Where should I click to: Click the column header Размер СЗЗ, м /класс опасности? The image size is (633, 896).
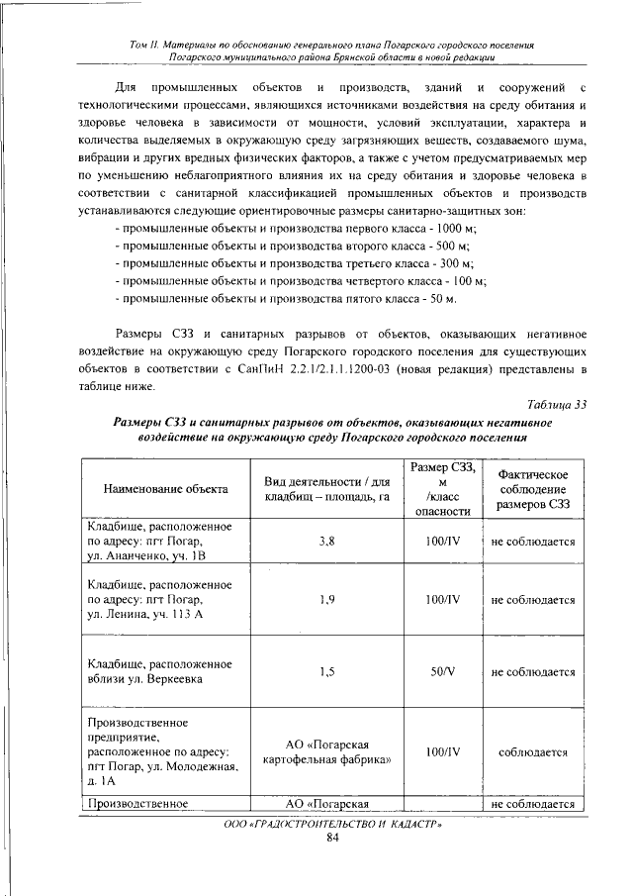click(x=442, y=488)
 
